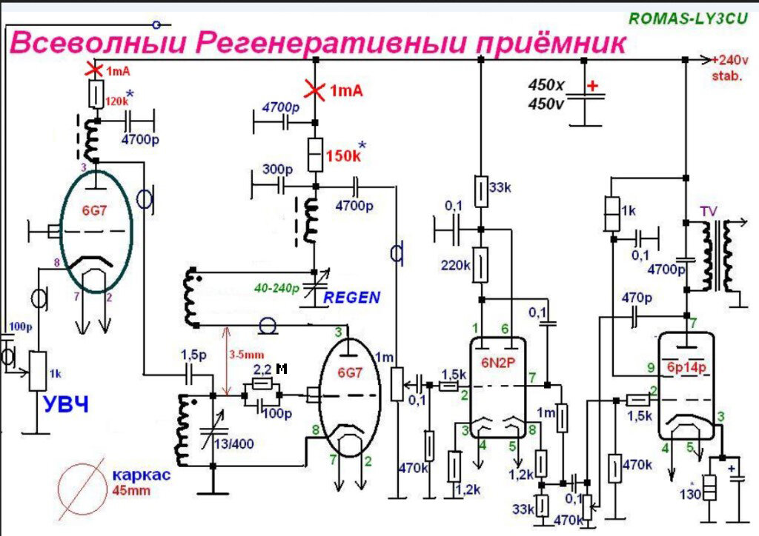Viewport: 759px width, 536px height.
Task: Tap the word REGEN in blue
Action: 353,298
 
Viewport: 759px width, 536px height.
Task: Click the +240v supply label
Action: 730,61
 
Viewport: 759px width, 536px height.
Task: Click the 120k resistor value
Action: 116,101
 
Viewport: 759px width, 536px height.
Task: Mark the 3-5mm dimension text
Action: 247,354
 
